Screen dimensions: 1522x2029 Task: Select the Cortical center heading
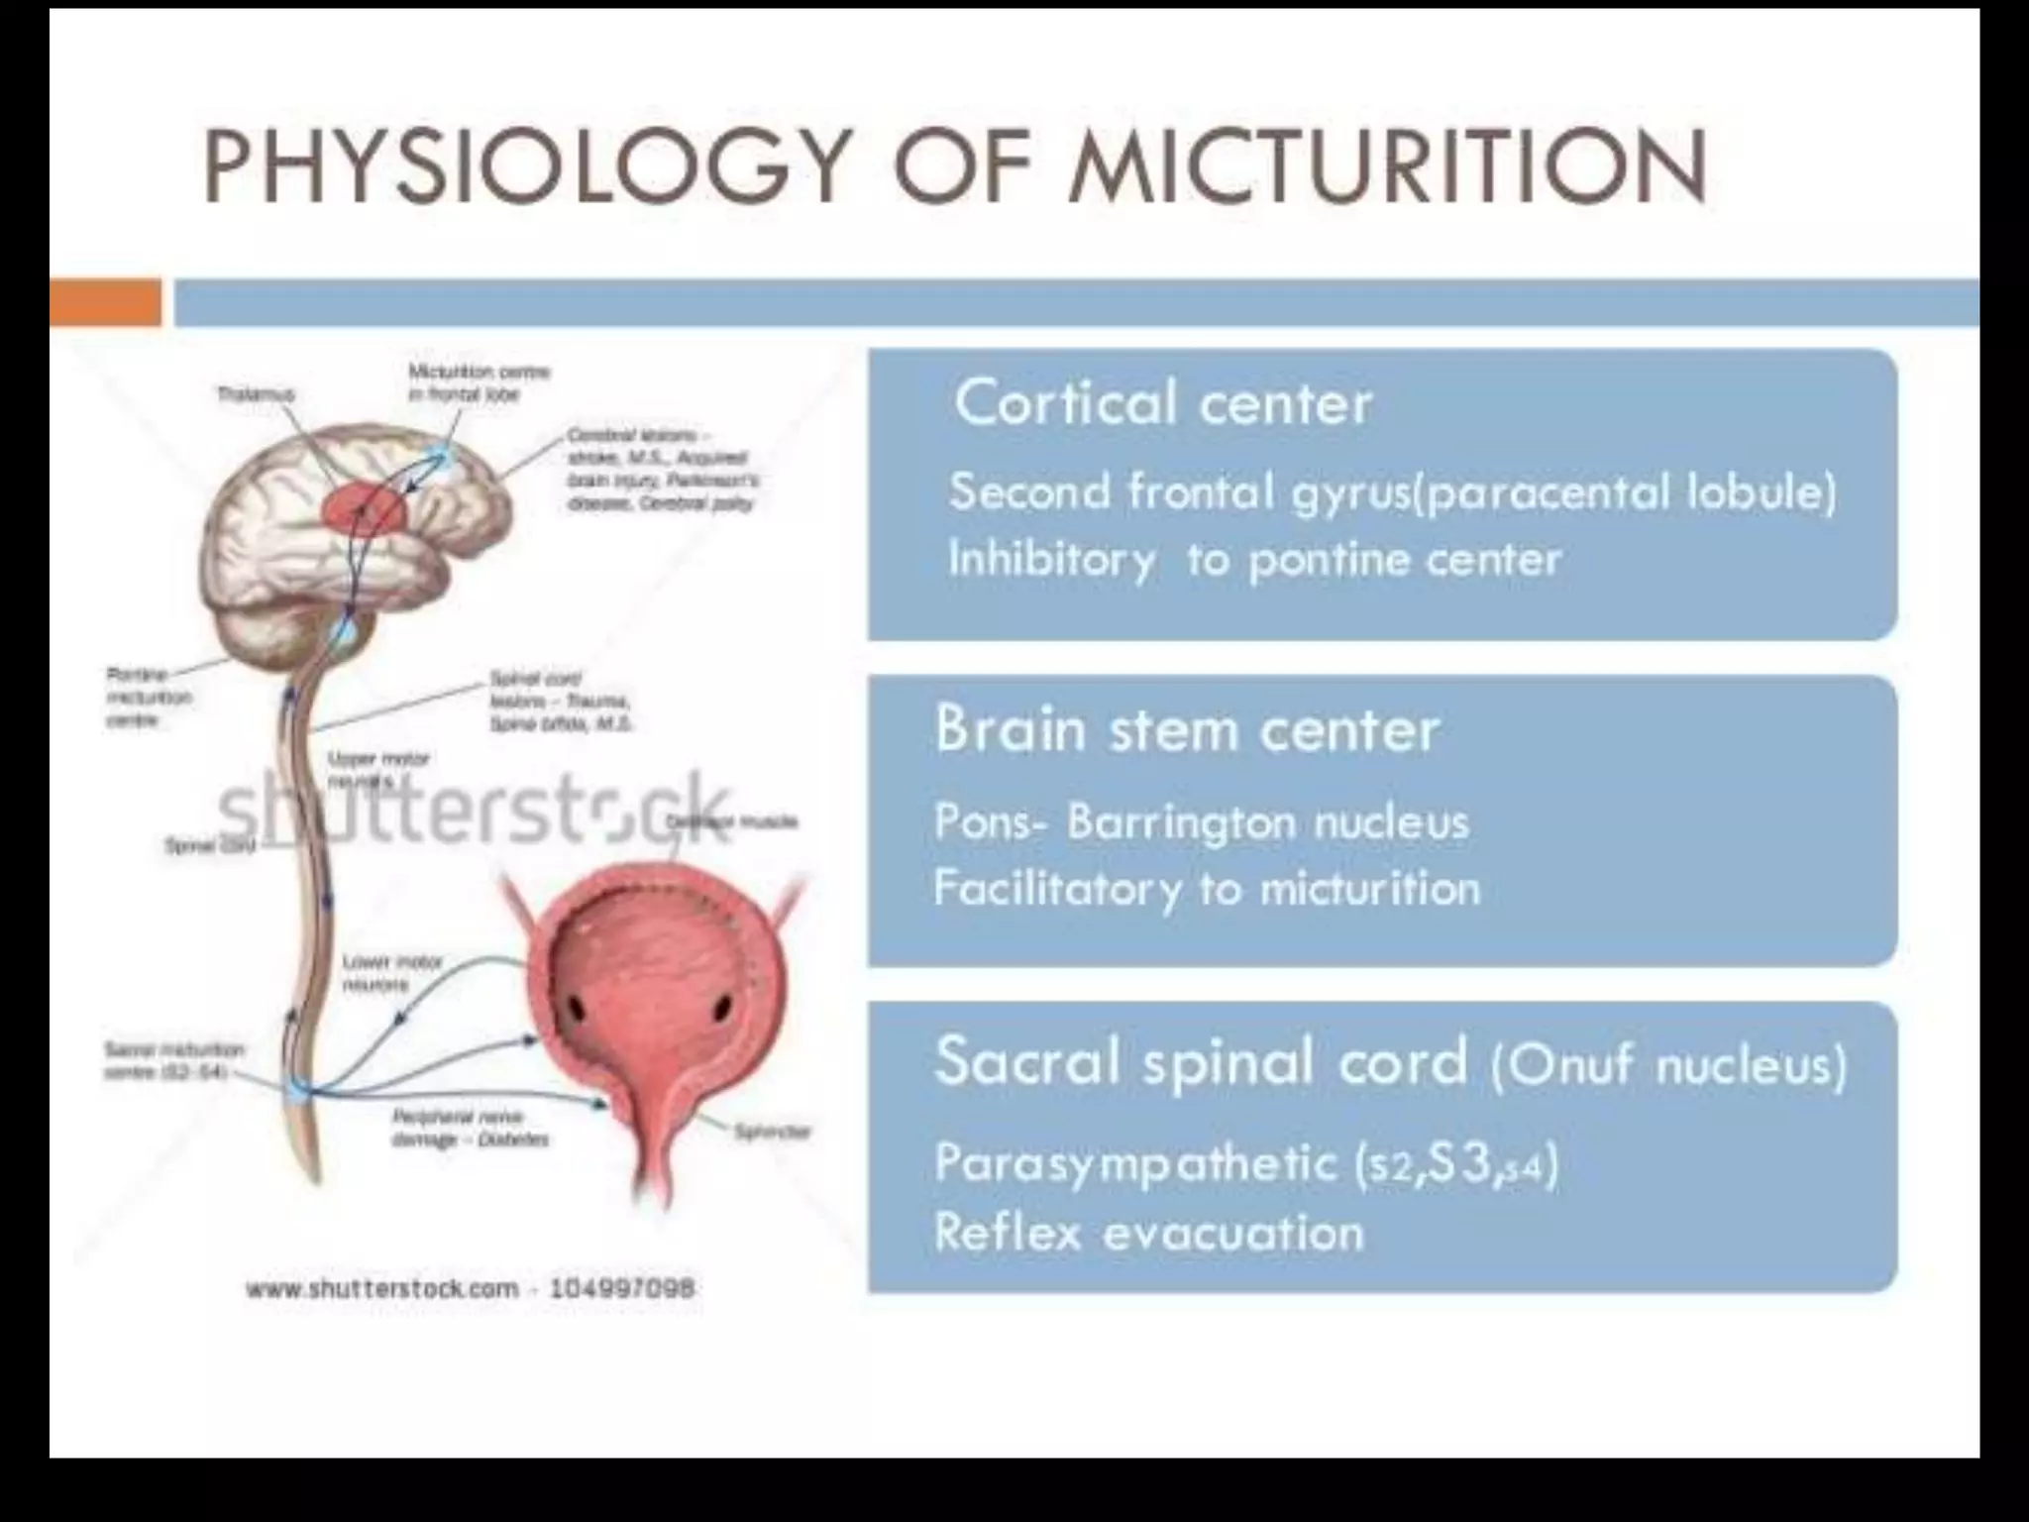point(1163,403)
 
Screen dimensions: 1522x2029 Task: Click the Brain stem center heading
point(1187,730)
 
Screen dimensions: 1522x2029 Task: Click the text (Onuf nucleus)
point(1668,1065)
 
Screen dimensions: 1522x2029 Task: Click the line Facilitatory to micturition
point(1207,889)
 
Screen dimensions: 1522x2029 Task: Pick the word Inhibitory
point(1052,560)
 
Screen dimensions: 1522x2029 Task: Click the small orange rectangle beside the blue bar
point(105,302)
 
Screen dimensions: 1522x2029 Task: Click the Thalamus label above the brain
point(257,394)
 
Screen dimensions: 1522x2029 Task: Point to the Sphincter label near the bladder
point(773,1131)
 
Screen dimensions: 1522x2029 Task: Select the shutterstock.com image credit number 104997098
point(621,1288)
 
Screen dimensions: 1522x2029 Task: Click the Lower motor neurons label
point(379,973)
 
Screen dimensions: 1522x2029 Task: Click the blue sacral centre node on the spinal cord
point(298,1091)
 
